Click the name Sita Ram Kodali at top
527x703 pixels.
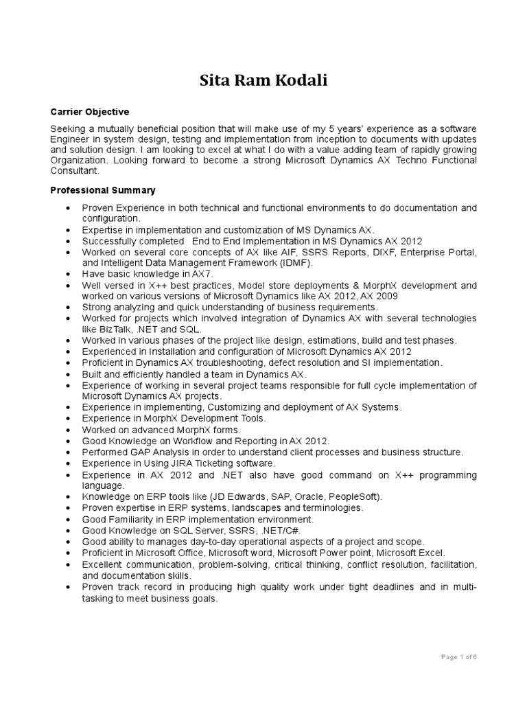tap(263, 80)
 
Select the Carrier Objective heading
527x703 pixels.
tap(90, 111)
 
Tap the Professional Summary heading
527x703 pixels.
tap(103, 189)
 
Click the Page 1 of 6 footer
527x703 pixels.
tap(458, 657)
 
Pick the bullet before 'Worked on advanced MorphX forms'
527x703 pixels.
tap(67, 430)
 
